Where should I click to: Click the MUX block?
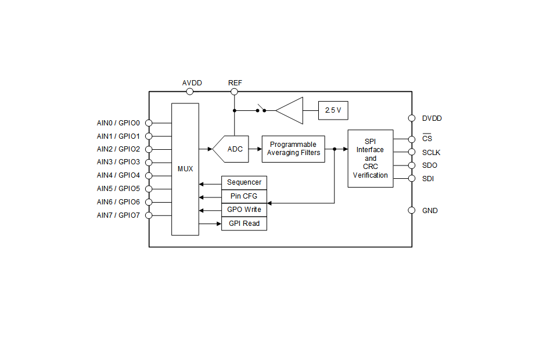click(185, 169)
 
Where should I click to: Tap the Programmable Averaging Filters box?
click(293, 149)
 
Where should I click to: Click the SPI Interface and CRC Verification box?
click(371, 158)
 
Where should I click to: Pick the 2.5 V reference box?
click(333, 110)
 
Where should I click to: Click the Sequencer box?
click(244, 182)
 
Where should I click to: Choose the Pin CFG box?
click(244, 196)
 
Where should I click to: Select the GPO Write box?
click(244, 210)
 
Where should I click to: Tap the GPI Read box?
click(244, 224)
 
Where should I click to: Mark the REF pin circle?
click(235, 91)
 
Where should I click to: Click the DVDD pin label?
click(432, 118)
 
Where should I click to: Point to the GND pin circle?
click(412, 210)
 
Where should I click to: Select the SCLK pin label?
click(432, 153)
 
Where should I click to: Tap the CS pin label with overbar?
click(427, 139)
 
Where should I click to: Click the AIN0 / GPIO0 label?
click(118, 123)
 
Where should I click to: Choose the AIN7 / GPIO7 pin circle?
click(149, 215)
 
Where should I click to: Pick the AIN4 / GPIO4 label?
click(118, 175)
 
